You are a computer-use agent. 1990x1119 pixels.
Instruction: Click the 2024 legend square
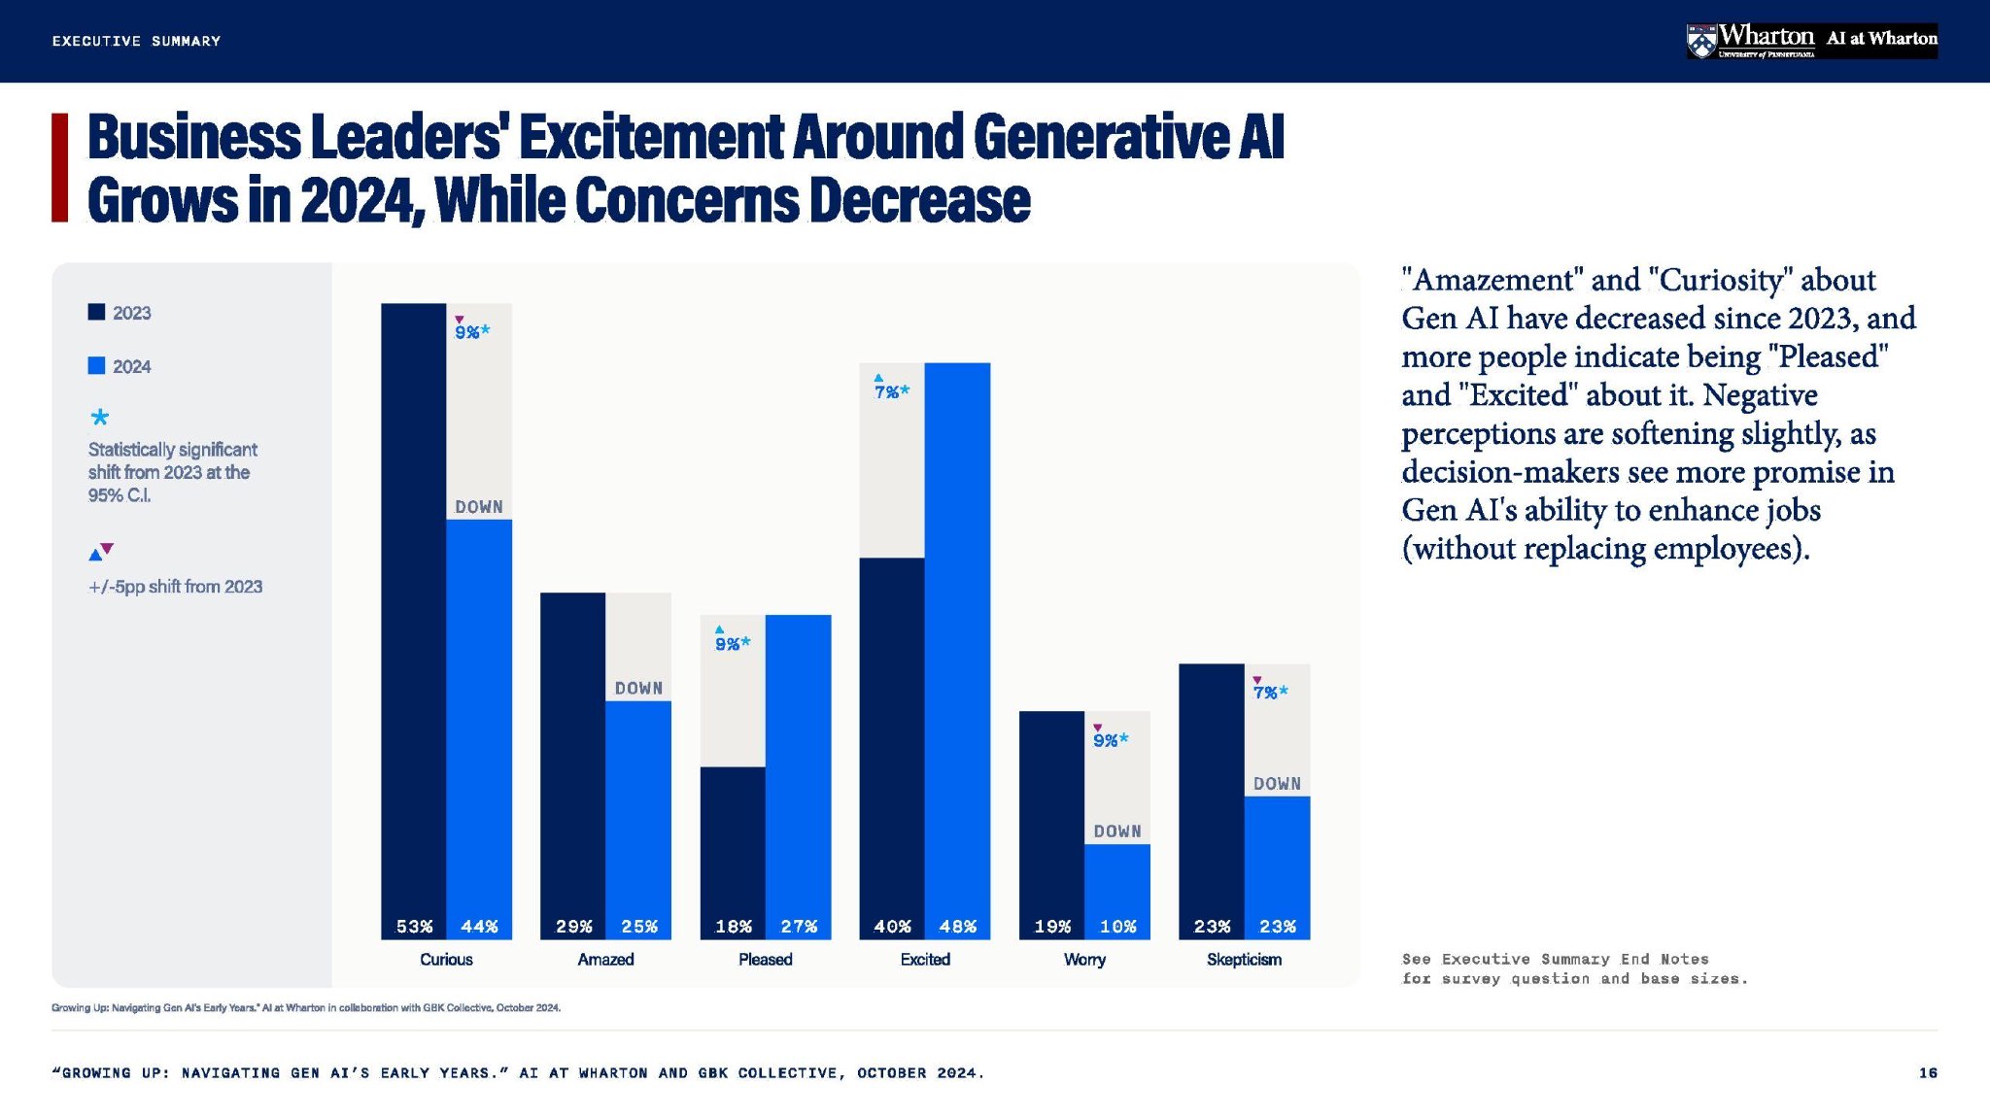[96, 366]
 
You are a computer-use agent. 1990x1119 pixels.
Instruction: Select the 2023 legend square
[96, 312]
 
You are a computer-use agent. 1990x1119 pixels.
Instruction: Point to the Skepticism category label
[1244, 960]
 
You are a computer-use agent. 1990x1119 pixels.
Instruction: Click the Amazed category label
[605, 960]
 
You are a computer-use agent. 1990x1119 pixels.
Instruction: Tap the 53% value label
[414, 927]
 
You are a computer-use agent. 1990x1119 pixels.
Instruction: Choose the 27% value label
[799, 927]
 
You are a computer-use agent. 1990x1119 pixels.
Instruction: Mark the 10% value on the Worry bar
[1117, 927]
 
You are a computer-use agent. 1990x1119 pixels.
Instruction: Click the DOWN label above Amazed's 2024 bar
[638, 688]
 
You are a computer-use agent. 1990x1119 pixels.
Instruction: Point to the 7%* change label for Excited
[891, 390]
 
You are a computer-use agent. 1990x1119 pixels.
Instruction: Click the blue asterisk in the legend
[99, 418]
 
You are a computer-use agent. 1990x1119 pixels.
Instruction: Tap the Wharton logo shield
[1700, 41]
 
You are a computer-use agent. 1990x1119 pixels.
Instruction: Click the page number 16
[1928, 1072]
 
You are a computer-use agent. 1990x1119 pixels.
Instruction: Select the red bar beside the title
[59, 167]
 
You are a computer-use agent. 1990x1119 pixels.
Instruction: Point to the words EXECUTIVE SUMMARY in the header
[136, 41]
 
